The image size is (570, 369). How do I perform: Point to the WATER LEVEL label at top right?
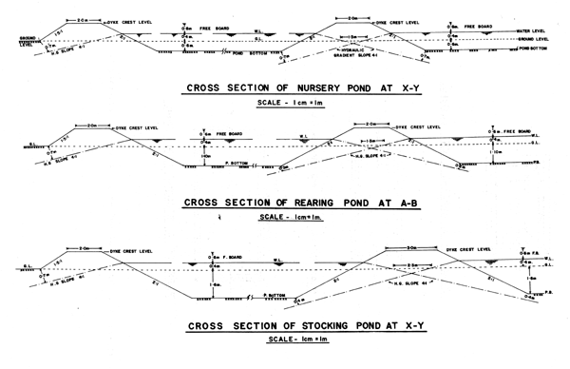(x=536, y=30)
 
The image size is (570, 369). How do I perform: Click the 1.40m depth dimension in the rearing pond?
(x=204, y=156)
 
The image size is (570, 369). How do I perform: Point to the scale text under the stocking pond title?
(x=285, y=344)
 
